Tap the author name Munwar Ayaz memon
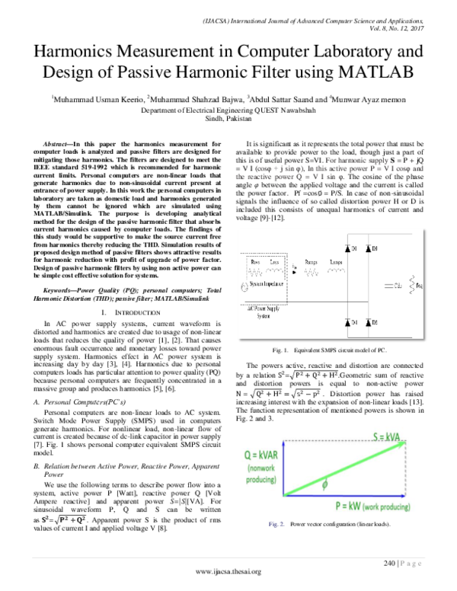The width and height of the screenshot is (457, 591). coord(368,99)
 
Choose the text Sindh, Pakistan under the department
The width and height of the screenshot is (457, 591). coord(228,119)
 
